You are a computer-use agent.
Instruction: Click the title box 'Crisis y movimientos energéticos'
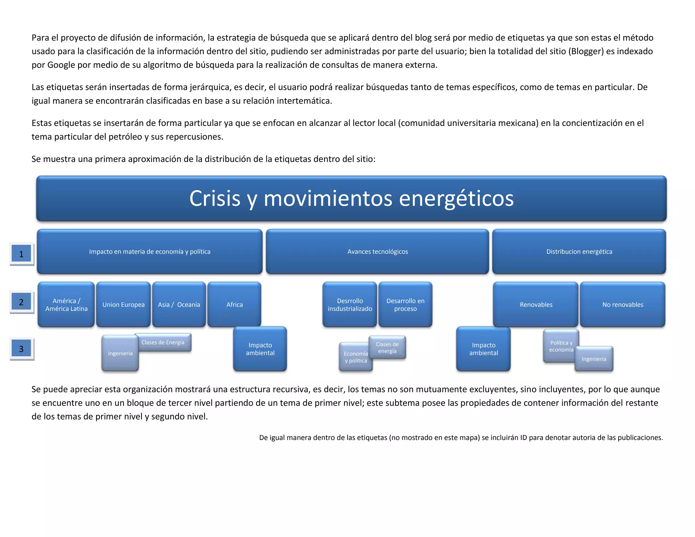(351, 199)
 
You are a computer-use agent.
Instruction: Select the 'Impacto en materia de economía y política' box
(150, 252)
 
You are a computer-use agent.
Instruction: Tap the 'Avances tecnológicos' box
(377, 252)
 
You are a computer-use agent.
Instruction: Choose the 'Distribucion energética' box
(579, 252)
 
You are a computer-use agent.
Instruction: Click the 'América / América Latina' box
(66, 304)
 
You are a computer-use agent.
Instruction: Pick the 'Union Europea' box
(123, 304)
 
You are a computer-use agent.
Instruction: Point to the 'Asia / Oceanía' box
(179, 304)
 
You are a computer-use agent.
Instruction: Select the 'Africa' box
(234, 304)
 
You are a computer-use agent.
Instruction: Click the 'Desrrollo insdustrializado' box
(350, 304)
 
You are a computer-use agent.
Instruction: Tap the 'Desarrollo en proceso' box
(405, 304)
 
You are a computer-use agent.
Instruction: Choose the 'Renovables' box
(536, 304)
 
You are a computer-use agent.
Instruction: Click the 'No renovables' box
(622, 304)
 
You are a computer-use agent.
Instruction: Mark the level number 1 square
(21, 254)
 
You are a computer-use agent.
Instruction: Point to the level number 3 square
(21, 349)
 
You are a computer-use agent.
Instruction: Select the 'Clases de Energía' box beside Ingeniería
(163, 342)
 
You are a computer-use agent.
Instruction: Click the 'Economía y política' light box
(355, 357)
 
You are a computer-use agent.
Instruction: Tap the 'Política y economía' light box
(561, 346)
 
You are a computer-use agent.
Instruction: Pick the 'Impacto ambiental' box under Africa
(260, 349)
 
